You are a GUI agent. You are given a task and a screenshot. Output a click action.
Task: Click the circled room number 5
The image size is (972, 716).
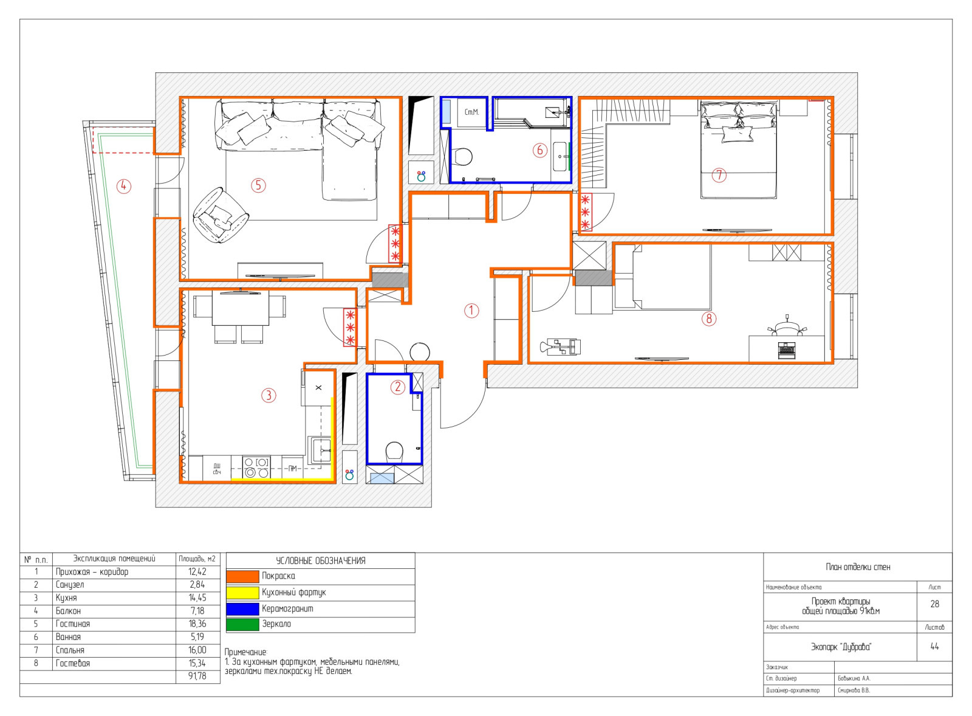point(258,185)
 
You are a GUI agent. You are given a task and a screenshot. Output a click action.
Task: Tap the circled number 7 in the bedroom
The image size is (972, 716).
point(719,176)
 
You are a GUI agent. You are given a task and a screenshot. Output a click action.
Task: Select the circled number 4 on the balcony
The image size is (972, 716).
point(124,186)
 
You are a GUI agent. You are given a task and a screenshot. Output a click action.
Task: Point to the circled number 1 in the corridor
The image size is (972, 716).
point(471,311)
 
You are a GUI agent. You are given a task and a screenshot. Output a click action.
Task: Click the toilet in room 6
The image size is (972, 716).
point(463,156)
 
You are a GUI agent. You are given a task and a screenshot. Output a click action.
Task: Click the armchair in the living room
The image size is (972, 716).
point(221,215)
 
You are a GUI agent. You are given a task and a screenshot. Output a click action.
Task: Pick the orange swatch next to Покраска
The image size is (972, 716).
point(242,576)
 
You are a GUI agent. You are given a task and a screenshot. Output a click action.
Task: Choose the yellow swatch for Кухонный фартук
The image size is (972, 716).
point(242,593)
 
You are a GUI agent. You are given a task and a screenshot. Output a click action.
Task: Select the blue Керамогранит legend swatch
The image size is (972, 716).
point(242,609)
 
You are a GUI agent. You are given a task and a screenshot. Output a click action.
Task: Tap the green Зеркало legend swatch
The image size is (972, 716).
point(242,624)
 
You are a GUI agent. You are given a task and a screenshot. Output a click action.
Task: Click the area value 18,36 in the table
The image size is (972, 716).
point(197,624)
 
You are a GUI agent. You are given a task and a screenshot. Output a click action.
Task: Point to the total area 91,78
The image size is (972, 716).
point(197,676)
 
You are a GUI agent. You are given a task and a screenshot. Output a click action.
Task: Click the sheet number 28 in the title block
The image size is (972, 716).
point(935,604)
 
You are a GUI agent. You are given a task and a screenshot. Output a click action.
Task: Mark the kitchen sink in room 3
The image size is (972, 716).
point(320,451)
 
